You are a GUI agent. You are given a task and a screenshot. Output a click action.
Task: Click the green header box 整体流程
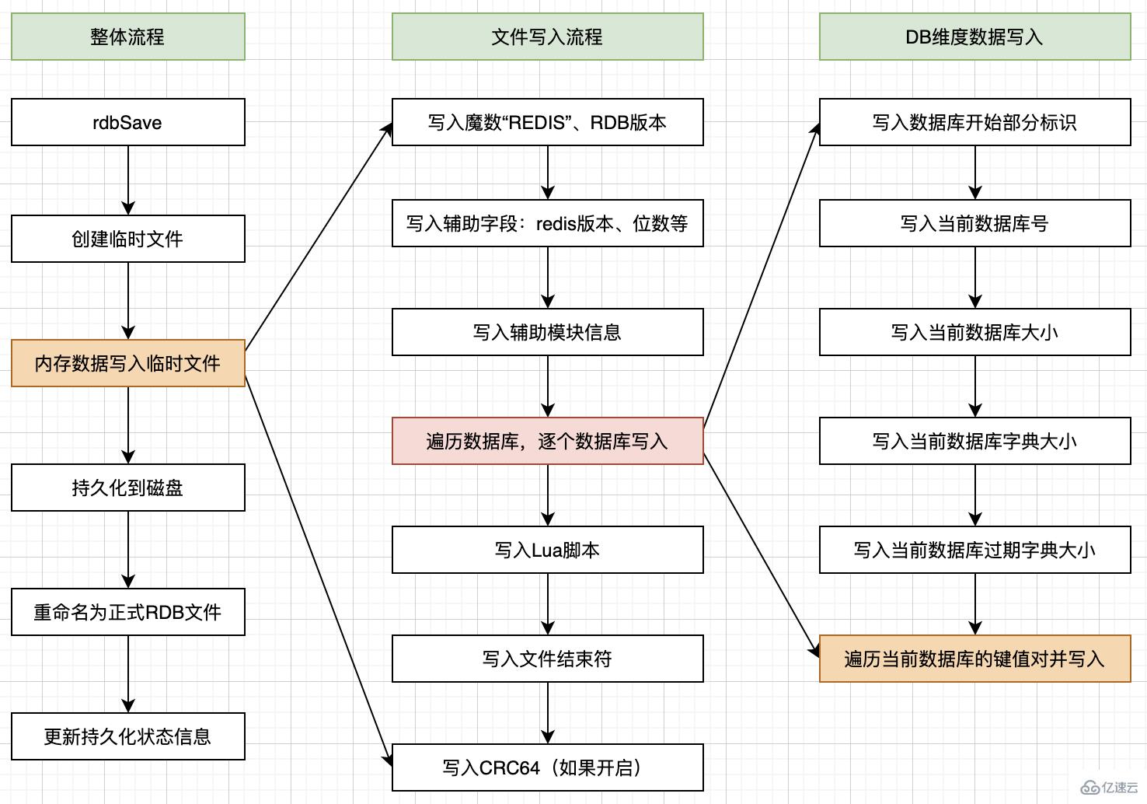pos(127,37)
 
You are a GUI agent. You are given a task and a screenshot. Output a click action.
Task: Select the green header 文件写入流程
pos(547,37)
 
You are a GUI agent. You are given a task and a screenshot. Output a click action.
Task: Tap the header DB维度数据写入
pos(974,37)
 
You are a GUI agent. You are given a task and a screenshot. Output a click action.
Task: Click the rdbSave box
pos(127,122)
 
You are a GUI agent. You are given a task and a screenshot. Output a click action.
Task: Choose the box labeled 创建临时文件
pos(127,239)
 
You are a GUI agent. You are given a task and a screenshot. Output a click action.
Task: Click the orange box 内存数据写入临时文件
pos(127,363)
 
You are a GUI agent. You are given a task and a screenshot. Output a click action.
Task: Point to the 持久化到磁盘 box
pos(127,488)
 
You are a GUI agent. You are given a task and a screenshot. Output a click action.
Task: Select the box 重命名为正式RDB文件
pos(127,612)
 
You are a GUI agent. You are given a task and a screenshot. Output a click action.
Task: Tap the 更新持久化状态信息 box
pos(127,736)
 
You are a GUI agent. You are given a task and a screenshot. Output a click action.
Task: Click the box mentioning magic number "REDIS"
pos(547,122)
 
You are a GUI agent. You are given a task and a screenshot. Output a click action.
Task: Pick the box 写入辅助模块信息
pos(547,332)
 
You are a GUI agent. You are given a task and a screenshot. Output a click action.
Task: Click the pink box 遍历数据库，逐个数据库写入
pos(547,441)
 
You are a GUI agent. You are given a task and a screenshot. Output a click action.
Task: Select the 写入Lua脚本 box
pos(547,550)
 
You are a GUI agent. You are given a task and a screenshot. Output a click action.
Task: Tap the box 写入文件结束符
pos(547,659)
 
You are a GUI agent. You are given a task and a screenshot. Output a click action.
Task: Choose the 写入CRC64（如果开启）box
pos(547,767)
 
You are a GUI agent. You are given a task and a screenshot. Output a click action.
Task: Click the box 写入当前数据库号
pos(974,223)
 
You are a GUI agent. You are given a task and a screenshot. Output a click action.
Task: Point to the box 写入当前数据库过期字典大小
pos(974,550)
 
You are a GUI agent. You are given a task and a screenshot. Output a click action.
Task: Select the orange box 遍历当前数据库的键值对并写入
pos(974,659)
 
